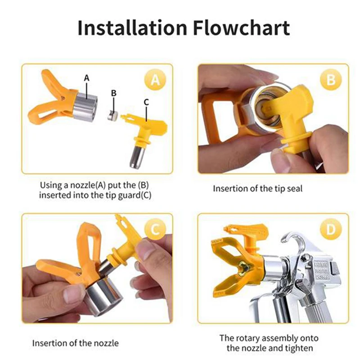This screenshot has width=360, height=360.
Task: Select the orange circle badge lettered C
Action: [154, 230]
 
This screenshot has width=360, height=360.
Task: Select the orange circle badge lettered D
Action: [331, 230]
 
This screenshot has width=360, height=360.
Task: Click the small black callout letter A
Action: [87, 77]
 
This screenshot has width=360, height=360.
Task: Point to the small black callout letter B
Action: [114, 93]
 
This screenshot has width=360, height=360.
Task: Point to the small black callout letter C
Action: [146, 102]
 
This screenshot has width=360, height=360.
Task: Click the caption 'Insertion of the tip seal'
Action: [257, 189]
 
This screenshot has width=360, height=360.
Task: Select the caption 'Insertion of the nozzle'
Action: [75, 343]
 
